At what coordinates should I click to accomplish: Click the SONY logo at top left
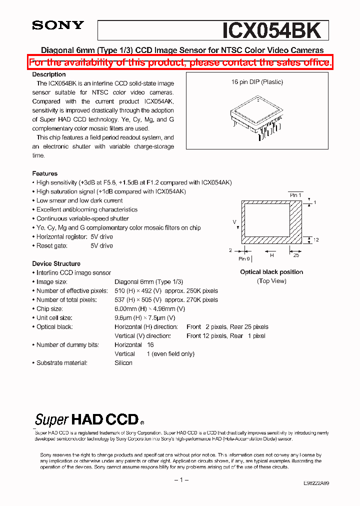58,26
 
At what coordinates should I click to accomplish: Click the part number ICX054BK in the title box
271,30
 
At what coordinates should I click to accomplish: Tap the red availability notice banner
180,62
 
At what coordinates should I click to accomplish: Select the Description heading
49,74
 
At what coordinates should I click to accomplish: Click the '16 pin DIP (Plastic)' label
257,82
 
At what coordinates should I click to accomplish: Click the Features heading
45,173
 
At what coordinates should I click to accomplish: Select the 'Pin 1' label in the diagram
295,195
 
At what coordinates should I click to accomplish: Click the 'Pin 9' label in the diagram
244,258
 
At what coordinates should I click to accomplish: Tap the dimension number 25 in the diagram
296,255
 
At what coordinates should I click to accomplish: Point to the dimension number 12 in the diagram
316,240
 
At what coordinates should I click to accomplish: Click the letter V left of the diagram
234,221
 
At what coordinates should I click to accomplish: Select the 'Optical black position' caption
271,272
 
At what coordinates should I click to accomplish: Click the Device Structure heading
56,263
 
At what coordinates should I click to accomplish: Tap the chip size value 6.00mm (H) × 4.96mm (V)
149,309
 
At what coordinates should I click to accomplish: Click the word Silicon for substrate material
123,363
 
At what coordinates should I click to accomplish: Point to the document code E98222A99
316,483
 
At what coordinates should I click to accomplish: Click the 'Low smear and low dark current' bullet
79,200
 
